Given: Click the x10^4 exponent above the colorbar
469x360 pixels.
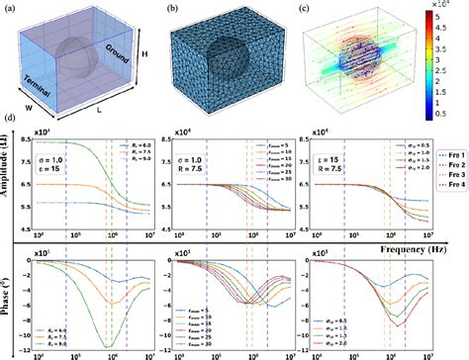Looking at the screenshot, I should (451, 7).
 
